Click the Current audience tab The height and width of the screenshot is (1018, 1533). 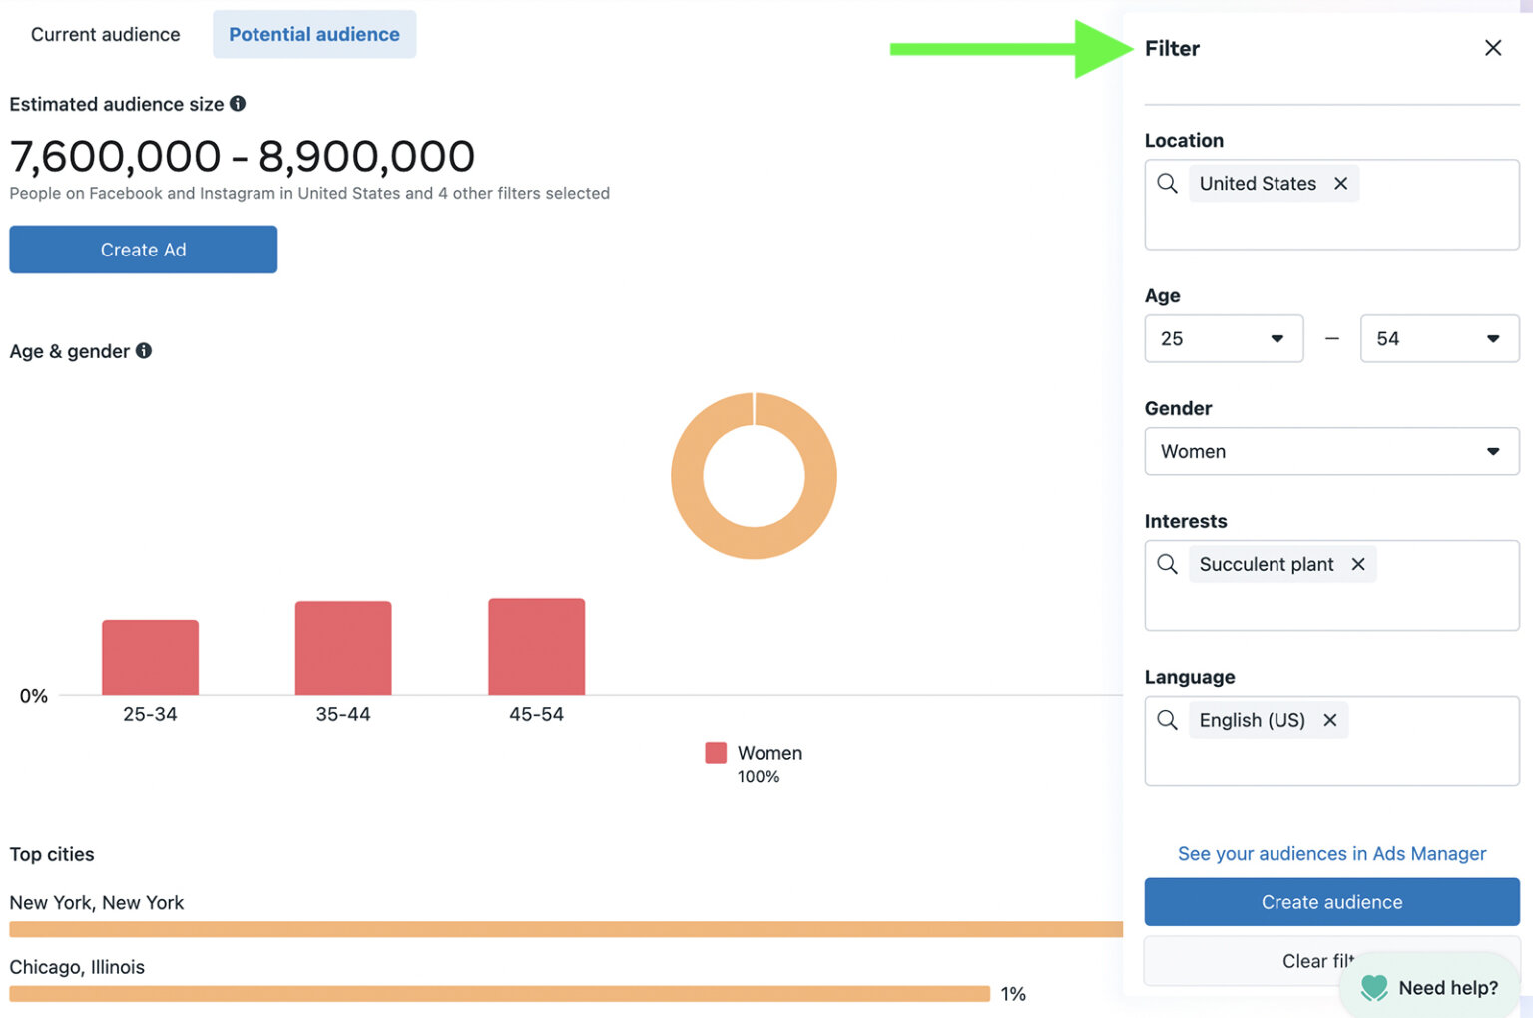coord(105,35)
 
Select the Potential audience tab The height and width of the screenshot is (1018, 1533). coord(314,35)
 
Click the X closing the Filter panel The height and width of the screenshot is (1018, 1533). coord(1493,48)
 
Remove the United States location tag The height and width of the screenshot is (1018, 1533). coord(1341,184)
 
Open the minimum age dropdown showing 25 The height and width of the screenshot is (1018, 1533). coord(1224,339)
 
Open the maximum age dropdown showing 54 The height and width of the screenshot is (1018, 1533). coord(1439,339)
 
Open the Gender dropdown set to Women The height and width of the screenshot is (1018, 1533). coord(1331,452)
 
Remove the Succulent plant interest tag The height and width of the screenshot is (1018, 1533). coord(1358,565)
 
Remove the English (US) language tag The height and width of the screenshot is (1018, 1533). coord(1330,721)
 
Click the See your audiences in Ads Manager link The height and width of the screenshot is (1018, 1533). coord(1331,854)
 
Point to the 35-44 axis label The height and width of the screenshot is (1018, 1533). coord(343,715)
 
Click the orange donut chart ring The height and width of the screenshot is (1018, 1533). coord(688,476)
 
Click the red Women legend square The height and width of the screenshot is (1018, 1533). coord(716,753)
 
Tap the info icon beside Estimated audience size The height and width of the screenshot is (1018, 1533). coord(238,104)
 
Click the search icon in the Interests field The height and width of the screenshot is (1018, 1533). coord(1167,565)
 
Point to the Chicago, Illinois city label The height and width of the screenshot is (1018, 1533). coord(77,967)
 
